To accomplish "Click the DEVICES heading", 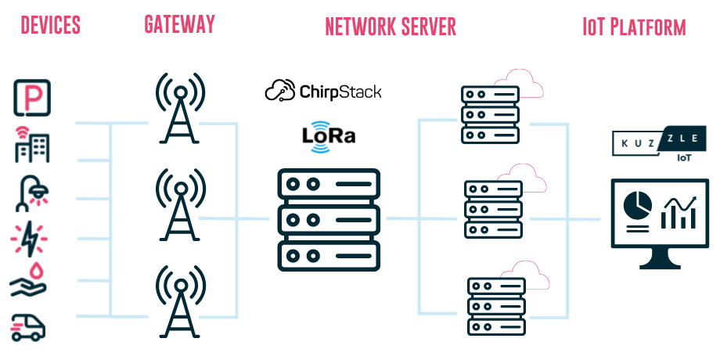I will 50,25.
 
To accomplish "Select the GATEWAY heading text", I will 179,23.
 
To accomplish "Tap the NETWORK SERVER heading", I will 391,27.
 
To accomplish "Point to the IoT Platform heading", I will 634,27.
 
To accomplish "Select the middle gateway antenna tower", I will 181,204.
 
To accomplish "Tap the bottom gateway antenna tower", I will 181,301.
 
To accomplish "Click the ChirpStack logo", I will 323,92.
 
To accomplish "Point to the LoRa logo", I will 329,135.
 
